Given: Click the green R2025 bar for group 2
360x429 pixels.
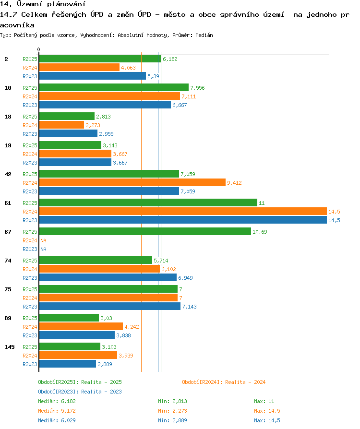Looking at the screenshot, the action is tap(100, 59).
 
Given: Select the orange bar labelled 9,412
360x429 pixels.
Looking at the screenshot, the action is tap(132, 182).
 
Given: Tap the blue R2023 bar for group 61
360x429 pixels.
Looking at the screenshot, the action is tap(183, 220).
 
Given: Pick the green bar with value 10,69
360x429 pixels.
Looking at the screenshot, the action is tap(145, 231).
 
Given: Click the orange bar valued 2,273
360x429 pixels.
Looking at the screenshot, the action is tap(61, 125).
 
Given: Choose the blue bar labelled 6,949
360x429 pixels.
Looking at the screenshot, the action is tap(108, 278).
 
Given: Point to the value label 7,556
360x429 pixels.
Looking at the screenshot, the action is tap(197, 88).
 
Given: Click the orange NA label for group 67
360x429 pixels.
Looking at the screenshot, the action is tap(43, 240).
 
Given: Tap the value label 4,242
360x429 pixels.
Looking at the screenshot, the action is tap(132, 327).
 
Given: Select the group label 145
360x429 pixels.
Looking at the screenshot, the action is tap(10, 347).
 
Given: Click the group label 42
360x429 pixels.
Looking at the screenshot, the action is tap(8, 174).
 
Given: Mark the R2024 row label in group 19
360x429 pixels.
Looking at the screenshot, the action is tap(30, 154).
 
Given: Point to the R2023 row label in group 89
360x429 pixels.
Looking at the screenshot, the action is tap(30, 335).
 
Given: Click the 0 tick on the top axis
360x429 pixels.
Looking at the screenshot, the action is tap(38, 49).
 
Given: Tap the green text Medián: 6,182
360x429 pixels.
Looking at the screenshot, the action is tap(57, 401).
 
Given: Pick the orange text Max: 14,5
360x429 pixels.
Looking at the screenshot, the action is tap(267, 411).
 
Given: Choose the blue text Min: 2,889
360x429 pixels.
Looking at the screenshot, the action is tap(172, 420).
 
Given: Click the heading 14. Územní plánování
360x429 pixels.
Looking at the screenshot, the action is tap(43, 4).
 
